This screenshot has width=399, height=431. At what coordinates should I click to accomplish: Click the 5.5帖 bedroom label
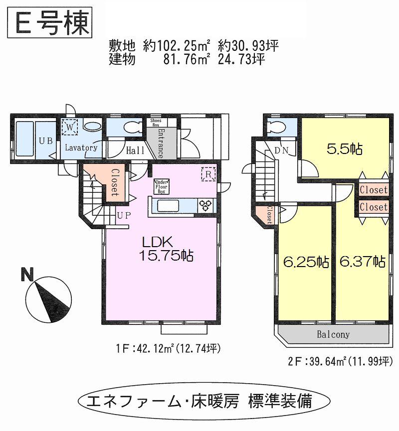click(345, 148)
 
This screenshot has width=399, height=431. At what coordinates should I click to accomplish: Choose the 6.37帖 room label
click(362, 261)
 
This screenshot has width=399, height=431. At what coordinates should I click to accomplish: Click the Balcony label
click(333, 334)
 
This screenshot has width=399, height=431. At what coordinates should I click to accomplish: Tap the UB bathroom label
click(46, 141)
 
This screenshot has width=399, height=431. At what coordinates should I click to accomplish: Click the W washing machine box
click(70, 127)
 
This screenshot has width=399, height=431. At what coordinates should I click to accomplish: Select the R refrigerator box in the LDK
click(208, 174)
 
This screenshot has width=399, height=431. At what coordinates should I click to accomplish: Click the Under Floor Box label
click(161, 186)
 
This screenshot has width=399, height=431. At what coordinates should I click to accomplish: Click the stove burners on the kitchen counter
click(205, 205)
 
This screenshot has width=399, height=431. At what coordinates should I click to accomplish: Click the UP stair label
click(124, 216)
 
